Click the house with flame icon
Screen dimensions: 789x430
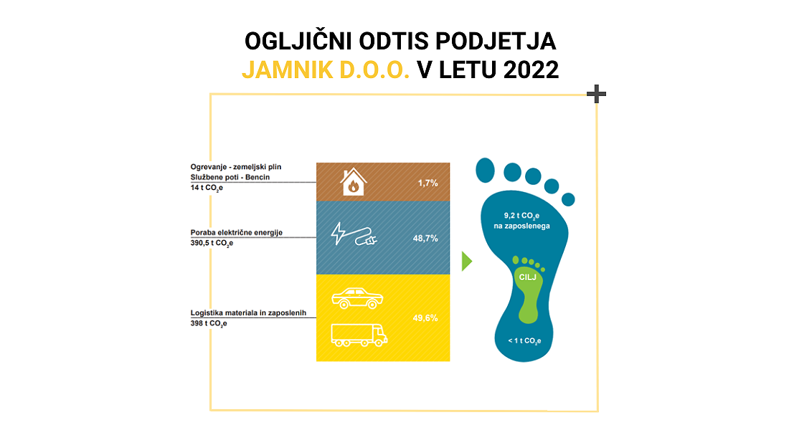353,181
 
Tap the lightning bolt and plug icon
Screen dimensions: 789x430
354,234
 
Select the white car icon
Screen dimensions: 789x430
357,297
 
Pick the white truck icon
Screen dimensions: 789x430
359,335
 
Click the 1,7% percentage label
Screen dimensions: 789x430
427,183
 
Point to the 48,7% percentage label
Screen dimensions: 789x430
425,239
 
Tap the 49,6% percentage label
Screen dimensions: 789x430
425,318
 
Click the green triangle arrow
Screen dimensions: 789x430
467,262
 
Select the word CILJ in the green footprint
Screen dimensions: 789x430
528,277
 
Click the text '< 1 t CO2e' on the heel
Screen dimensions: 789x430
524,341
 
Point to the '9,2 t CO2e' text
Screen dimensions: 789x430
521,216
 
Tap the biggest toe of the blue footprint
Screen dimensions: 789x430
486,170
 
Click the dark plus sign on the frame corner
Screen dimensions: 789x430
596,94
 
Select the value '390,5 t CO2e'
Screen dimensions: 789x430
212,244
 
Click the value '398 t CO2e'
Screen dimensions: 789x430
209,323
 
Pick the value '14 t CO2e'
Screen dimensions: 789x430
207,188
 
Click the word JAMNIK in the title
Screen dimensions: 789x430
287,70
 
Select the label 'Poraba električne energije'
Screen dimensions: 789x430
237,232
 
